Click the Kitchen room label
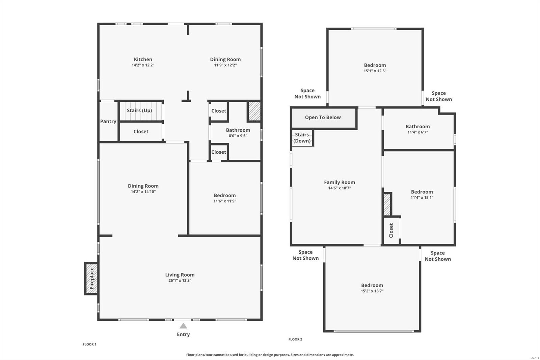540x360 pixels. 143,59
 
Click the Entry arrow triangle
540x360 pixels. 183,326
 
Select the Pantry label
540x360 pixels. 108,122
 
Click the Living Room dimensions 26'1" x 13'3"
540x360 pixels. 180,281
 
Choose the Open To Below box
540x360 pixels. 323,118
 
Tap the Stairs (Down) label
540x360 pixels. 302,138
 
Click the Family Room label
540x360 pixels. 340,182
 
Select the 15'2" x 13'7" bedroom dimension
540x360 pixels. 372,291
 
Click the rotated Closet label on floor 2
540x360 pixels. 391,230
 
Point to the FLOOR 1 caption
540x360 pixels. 89,344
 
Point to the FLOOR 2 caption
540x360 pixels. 295,339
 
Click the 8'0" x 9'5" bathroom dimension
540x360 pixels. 238,136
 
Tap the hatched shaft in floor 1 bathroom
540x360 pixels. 254,111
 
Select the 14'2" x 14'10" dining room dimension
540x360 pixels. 143,192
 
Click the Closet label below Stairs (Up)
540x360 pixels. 141,132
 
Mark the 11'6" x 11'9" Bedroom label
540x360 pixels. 225,196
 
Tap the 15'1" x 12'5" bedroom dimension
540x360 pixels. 375,71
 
